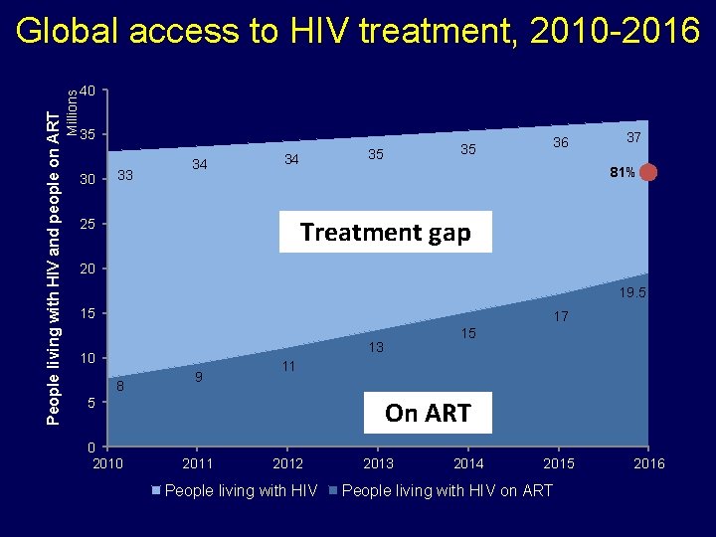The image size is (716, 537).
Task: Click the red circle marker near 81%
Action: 648,173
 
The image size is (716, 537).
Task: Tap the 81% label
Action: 623,173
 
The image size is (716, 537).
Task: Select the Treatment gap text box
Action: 385,233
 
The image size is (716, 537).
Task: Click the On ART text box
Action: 427,413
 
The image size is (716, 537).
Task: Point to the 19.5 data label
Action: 633,293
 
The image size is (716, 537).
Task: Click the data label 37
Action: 633,136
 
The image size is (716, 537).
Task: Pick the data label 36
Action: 561,143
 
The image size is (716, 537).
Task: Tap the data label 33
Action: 125,176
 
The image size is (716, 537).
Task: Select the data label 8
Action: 120,386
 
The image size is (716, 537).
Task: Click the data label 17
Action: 561,317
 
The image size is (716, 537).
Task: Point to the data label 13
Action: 376,347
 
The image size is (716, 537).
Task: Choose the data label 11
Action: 288,366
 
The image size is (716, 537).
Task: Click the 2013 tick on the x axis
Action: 378,463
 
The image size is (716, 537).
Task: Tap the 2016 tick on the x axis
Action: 649,463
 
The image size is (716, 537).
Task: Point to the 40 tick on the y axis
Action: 88,91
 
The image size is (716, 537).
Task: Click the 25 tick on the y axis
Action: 88,225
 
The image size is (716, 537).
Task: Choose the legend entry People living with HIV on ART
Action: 447,490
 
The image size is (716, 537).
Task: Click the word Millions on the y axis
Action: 73,109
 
